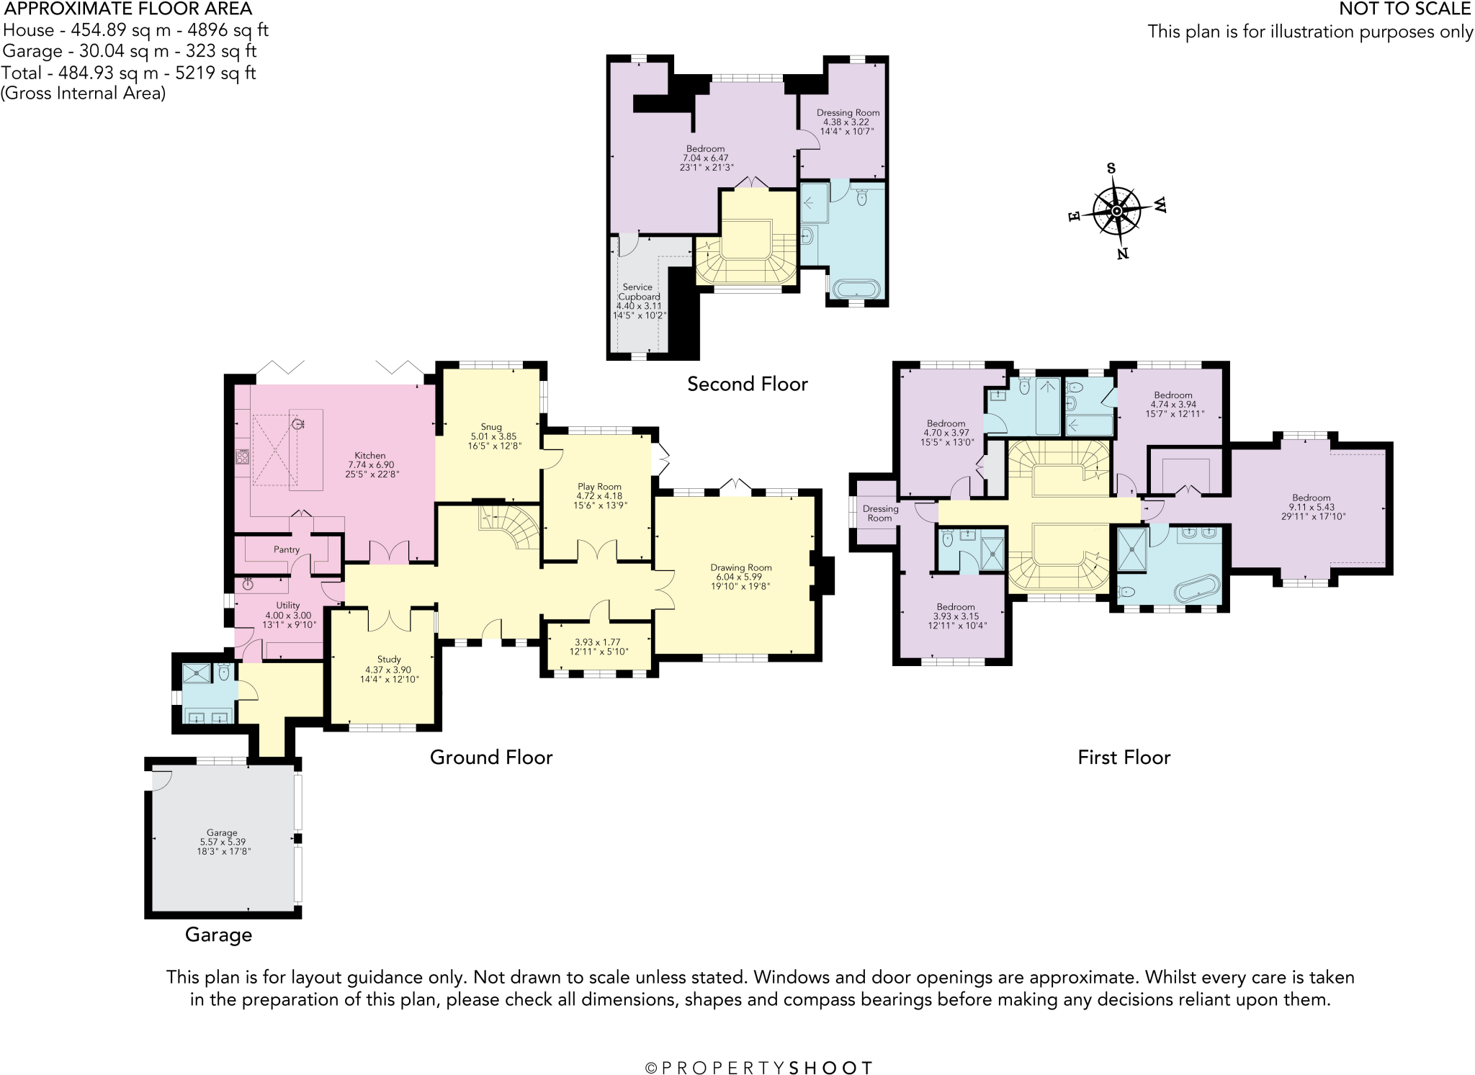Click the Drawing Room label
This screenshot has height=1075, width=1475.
click(740, 567)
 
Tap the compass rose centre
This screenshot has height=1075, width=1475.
click(1116, 211)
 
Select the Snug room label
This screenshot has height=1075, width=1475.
click(491, 427)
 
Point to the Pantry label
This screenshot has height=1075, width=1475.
click(287, 549)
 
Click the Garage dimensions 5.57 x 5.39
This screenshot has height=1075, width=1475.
click(223, 842)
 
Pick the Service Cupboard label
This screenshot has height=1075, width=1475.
click(638, 292)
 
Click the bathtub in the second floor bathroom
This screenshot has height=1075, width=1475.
click(856, 289)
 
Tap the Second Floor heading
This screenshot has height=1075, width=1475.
click(747, 384)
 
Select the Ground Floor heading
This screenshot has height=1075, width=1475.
click(491, 757)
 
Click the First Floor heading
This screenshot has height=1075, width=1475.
click(1124, 757)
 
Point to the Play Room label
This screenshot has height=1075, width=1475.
click(599, 487)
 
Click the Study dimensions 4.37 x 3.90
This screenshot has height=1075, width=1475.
click(388, 670)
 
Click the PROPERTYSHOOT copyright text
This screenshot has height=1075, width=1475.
click(759, 1068)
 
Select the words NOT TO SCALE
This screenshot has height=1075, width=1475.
click(1404, 9)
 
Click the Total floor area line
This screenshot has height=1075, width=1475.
click(129, 73)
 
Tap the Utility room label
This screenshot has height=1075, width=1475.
click(288, 606)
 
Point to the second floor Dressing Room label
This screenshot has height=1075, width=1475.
click(848, 113)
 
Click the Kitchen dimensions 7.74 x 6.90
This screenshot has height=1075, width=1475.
click(369, 465)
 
